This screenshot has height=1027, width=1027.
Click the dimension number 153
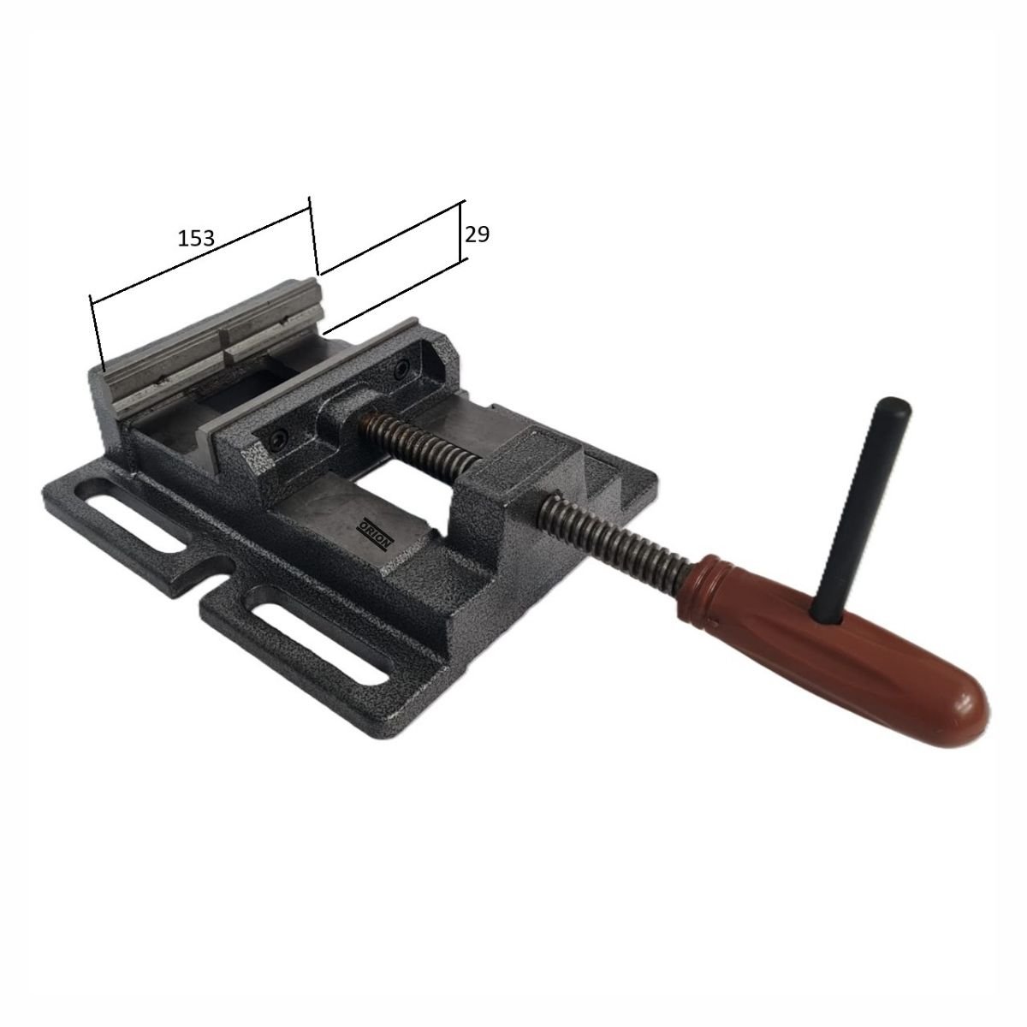(196, 238)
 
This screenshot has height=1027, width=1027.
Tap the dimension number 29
(477, 234)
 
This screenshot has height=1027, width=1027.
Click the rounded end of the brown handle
(959, 711)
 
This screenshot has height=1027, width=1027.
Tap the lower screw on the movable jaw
(277, 439)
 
